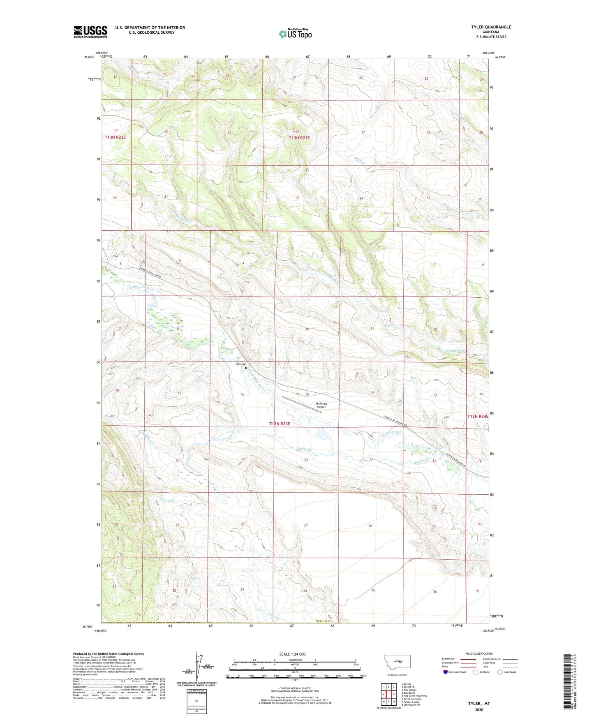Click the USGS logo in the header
click(90, 32)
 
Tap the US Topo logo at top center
click(295, 34)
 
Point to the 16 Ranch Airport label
click(321, 405)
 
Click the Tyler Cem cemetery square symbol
click(246, 368)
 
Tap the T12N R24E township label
click(478, 416)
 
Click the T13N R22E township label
click(115, 137)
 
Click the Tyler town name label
click(116, 256)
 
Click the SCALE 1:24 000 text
click(292, 654)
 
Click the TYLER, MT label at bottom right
click(479, 704)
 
